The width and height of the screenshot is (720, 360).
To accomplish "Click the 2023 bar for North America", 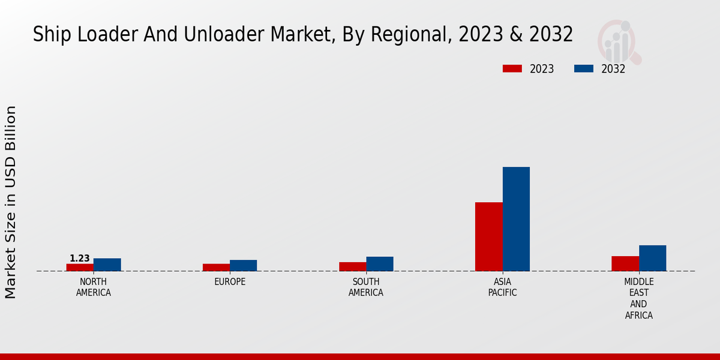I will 80,268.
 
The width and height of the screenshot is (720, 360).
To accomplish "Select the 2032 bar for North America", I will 107,265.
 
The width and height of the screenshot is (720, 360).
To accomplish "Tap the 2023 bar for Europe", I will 216,268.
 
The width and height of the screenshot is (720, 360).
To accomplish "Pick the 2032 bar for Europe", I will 244,266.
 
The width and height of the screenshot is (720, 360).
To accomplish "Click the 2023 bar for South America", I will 352,266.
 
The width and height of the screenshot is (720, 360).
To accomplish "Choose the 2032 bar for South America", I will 380,264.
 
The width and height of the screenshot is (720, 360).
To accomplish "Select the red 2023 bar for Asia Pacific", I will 488,237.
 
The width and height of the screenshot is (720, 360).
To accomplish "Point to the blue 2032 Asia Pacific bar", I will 516,219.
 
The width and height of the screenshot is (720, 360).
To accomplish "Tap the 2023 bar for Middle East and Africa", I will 625,263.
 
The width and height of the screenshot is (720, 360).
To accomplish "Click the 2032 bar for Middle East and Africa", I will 653,258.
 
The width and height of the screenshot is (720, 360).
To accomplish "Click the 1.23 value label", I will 80,259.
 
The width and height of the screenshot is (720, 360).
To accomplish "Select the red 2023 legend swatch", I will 512,69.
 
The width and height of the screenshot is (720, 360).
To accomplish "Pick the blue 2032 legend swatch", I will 583,69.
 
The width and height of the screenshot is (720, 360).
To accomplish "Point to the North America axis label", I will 94,287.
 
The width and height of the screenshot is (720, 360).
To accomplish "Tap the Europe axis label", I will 230,282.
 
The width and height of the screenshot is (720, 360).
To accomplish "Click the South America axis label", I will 366,287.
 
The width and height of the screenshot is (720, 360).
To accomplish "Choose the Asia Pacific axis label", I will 502,287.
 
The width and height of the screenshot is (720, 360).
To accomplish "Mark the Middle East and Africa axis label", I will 639,298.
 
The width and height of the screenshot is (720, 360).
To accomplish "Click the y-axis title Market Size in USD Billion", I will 11,202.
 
